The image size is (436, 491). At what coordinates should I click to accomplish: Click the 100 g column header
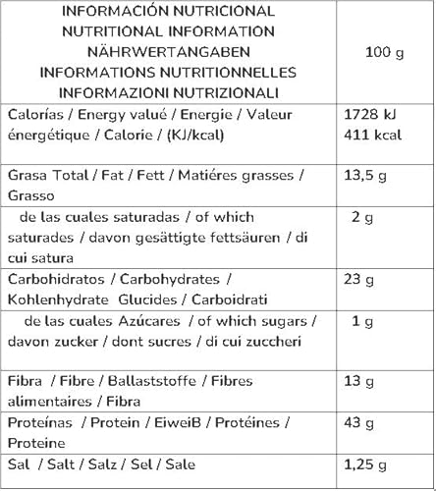pyautogui.click(x=384, y=52)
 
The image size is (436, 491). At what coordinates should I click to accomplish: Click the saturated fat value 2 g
pyautogui.click(x=362, y=217)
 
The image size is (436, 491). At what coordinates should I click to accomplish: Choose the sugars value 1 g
pyautogui.click(x=362, y=321)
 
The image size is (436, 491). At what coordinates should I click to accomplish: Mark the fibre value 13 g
pyautogui.click(x=362, y=381)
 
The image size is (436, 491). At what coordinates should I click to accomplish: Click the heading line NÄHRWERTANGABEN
pyautogui.click(x=168, y=52)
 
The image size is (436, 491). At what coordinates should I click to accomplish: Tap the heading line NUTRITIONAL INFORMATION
pyautogui.click(x=168, y=31)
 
